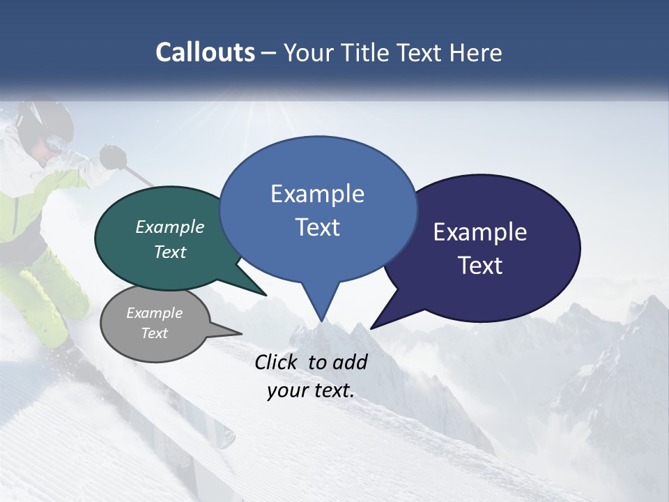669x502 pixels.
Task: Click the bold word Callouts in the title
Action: (205, 52)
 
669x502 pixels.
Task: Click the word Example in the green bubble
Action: (170, 227)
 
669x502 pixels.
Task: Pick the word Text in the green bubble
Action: (170, 252)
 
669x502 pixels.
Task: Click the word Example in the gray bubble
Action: (155, 312)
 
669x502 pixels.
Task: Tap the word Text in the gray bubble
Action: (155, 333)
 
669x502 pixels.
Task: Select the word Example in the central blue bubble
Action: (317, 194)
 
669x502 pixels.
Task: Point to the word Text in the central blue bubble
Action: (317, 227)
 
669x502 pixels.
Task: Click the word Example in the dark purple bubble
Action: (480, 232)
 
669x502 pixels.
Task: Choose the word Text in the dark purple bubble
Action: (480, 266)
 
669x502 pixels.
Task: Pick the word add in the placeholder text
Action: (351, 362)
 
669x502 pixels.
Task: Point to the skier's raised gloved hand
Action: (111, 157)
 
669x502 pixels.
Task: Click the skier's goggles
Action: (56, 145)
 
